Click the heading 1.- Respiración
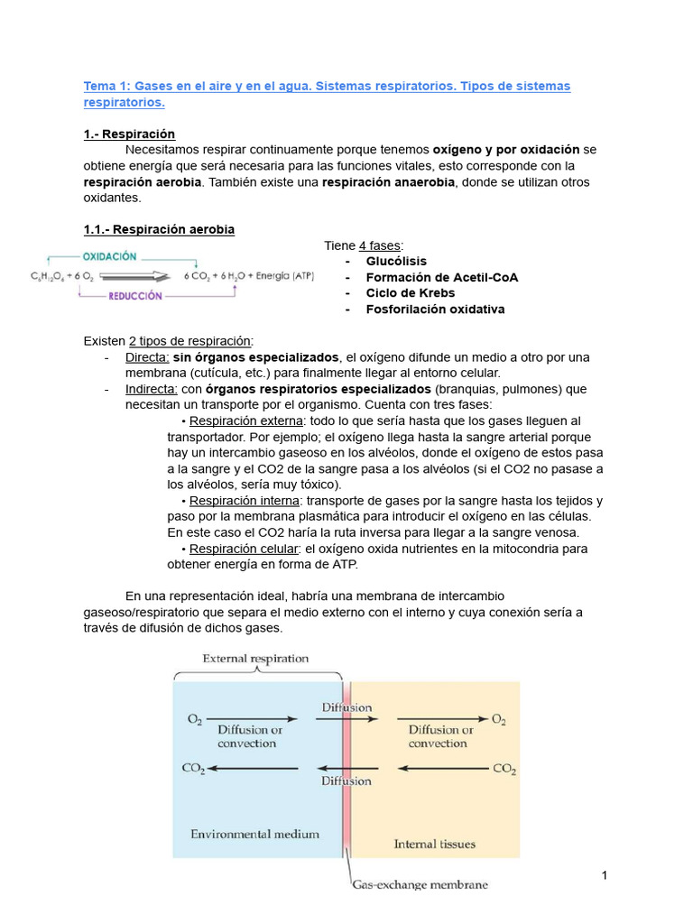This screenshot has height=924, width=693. click(128, 134)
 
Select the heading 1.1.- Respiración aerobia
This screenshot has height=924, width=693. click(159, 229)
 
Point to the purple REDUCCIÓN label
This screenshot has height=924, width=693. click(135, 295)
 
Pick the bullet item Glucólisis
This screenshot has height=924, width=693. click(396, 261)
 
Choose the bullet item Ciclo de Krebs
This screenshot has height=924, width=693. click(410, 293)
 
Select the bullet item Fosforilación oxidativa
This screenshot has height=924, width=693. click(435, 310)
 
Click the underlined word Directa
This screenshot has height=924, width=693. click(147, 357)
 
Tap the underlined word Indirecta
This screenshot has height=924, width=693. click(152, 389)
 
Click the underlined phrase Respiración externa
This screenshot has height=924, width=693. click(245, 421)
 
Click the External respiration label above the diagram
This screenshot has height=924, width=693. click(254, 659)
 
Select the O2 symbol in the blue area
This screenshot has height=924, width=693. click(194, 719)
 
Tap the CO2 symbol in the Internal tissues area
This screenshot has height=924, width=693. click(504, 769)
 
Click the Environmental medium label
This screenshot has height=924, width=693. click(254, 834)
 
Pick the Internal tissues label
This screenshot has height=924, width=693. click(434, 845)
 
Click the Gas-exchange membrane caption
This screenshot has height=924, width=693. click(420, 884)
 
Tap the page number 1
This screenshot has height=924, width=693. click(605, 876)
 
